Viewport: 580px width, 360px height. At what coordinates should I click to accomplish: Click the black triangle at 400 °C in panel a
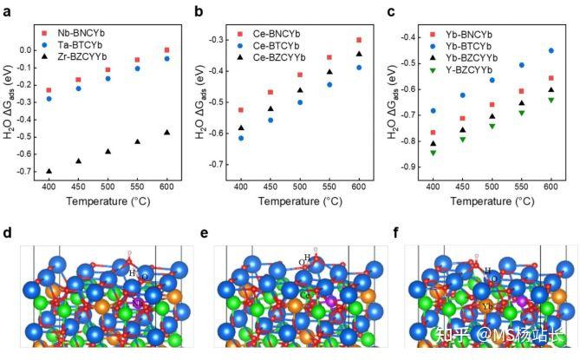coord(49,172)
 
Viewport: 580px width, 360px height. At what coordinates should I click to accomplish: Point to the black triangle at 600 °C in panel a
coord(166,133)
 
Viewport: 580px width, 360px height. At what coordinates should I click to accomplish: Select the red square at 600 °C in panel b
coord(358,40)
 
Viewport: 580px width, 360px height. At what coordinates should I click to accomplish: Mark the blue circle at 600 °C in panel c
coord(551,50)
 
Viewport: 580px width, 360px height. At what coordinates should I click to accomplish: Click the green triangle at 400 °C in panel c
coord(433,154)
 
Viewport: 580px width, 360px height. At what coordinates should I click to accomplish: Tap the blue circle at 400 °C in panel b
coord(241,138)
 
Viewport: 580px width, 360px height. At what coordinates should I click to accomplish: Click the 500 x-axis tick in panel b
coord(300,187)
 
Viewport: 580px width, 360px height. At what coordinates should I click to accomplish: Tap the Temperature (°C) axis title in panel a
coord(108,201)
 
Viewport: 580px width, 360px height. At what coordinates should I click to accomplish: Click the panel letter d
coord(8,232)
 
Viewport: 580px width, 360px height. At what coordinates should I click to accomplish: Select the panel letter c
coord(392,11)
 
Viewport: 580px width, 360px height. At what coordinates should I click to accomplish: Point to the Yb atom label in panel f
coord(488,305)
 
